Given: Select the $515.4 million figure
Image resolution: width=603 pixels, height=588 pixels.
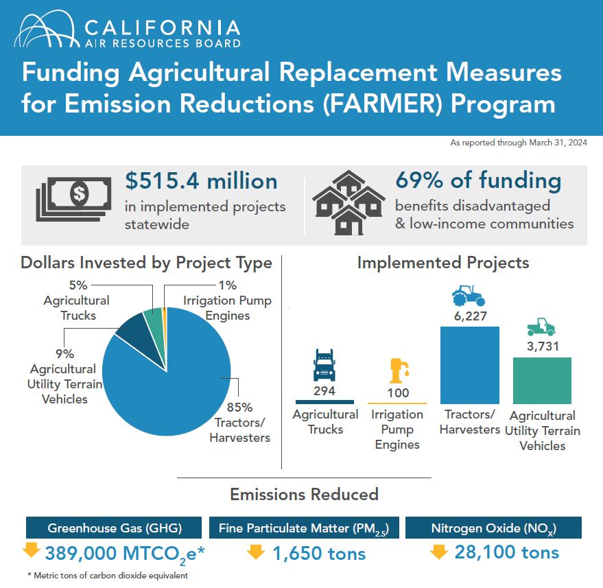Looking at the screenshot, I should (x=201, y=181).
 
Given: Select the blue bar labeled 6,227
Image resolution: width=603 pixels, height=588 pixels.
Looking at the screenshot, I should (x=469, y=365).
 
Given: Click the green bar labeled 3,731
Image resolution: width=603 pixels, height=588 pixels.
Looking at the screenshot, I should (x=542, y=380).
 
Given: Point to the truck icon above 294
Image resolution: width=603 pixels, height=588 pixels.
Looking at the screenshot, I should (x=324, y=365).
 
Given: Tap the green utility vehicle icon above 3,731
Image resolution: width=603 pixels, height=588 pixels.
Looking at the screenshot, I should (x=542, y=326).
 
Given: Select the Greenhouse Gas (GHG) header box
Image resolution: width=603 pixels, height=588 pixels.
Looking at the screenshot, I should (x=114, y=528).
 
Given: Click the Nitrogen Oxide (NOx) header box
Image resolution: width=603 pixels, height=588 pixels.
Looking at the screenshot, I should (x=493, y=528).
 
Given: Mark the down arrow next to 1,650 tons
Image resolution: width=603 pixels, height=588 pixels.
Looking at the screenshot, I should (x=256, y=551).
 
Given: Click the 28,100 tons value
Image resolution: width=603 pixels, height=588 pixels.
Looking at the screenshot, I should (x=506, y=552).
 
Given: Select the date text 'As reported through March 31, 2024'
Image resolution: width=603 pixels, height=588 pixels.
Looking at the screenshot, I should (x=518, y=143).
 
